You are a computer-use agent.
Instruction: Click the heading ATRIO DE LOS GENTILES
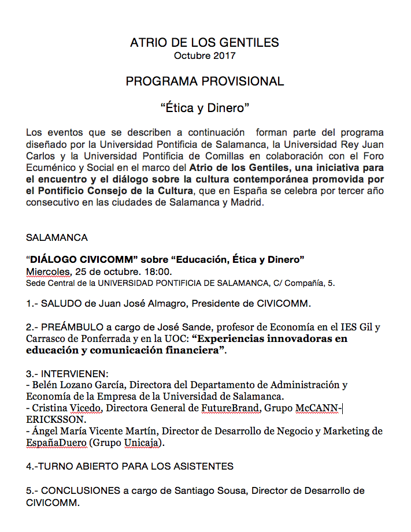point(205,43)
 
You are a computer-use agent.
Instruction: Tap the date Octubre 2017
point(205,56)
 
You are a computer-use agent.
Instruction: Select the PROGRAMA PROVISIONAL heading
point(205,81)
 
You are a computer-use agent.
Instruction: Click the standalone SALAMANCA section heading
point(57,237)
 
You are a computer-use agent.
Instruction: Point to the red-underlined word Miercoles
point(47,271)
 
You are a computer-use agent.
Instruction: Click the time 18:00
point(157,271)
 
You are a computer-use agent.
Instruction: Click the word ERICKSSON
point(55,419)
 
